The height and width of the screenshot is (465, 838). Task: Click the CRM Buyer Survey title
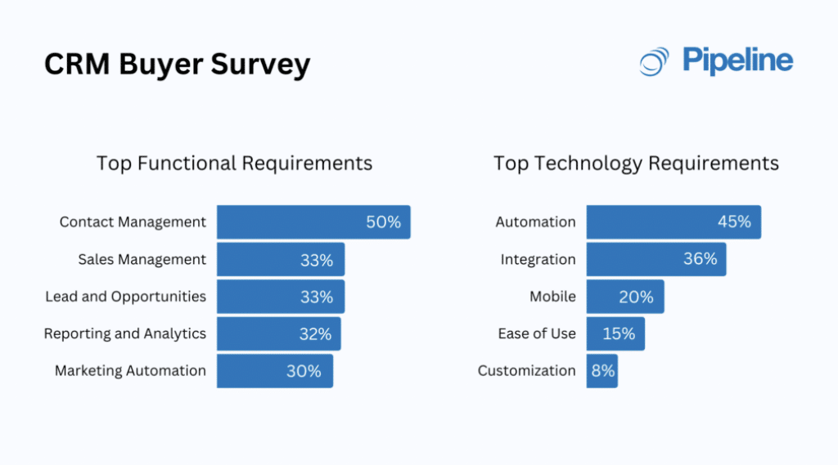177,64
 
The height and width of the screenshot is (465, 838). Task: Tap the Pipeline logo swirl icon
654,62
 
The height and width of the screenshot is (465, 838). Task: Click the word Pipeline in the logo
737,60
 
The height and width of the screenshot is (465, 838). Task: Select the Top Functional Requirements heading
234,163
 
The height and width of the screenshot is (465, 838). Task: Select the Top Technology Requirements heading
636,163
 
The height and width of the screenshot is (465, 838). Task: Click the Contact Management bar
313,222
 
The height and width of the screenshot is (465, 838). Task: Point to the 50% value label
383,222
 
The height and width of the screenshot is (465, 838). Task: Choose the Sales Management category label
142,259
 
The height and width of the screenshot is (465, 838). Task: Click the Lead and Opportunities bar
280,297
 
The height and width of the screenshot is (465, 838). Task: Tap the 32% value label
315,333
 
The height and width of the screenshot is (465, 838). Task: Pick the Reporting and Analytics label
125,333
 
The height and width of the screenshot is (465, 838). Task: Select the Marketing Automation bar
274,371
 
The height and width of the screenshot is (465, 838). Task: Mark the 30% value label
304,371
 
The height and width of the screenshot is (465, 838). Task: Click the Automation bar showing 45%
673,222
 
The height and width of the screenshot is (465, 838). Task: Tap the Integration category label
538,259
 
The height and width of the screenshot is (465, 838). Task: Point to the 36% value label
701,259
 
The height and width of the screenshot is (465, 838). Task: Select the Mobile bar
624,297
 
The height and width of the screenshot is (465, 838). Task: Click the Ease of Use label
537,333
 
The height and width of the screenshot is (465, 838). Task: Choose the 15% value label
618,333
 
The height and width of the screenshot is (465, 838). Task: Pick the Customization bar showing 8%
601,371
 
